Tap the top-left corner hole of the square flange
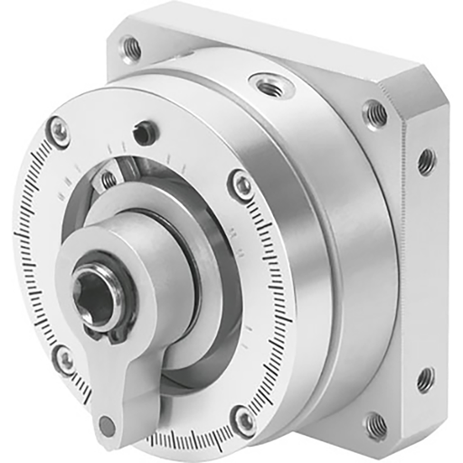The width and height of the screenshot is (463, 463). point(132,47)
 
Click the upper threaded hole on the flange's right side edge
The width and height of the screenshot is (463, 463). point(425,162)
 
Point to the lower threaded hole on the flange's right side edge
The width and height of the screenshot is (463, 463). point(425,379)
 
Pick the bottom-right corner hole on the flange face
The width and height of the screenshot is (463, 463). point(373,424)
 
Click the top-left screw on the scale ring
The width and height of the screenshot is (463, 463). point(59,131)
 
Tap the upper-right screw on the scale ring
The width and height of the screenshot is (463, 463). point(241,184)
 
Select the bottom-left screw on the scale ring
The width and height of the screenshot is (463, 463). point(64,359)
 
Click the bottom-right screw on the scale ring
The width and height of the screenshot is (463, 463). point(243,419)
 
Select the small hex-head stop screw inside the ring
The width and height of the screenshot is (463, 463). point(109,179)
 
